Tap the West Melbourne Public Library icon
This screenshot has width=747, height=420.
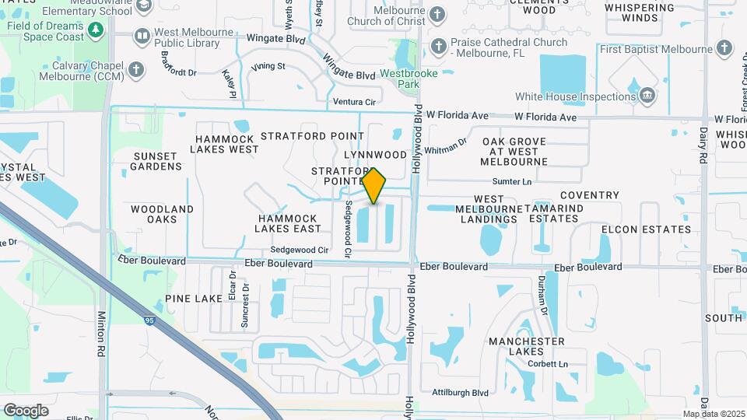(x=142, y=36)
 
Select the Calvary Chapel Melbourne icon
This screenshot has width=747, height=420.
(x=137, y=70)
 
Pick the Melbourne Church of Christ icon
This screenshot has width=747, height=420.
(x=438, y=14)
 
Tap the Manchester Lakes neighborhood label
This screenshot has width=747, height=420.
(x=527, y=346)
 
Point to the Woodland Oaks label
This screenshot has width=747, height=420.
(x=162, y=214)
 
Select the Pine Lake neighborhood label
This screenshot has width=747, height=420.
(x=193, y=299)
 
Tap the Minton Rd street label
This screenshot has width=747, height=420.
(x=101, y=335)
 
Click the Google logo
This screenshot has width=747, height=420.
(x=26, y=410)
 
